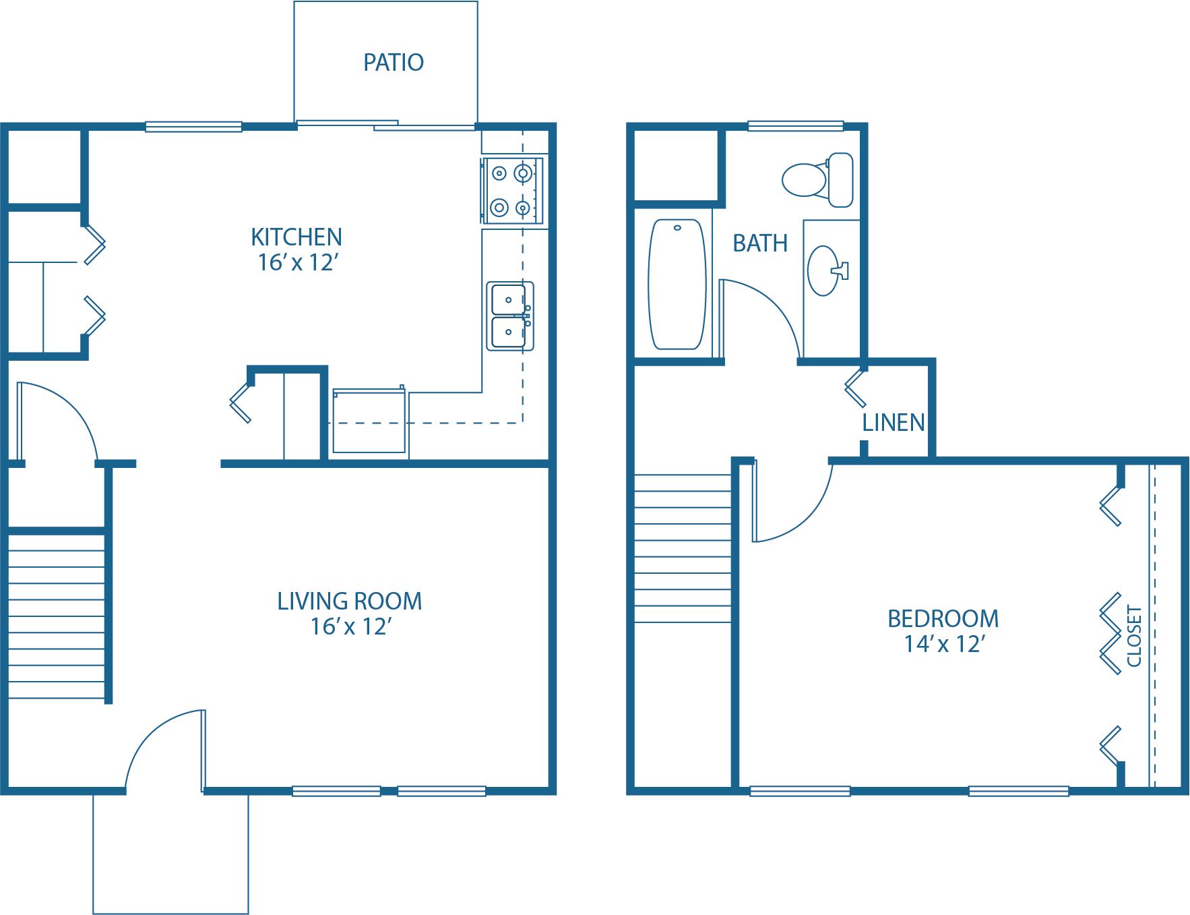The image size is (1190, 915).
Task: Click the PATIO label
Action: (394, 63)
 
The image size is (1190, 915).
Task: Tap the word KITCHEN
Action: (296, 237)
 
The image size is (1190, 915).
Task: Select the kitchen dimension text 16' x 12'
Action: (297, 263)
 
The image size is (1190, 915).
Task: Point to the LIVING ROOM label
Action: (350, 601)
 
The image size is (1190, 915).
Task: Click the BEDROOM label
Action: (943, 619)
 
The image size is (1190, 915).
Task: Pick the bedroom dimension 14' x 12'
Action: (944, 645)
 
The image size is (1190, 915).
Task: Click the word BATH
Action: (760, 243)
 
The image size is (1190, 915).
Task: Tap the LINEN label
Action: (894, 423)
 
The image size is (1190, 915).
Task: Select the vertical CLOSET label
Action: (1134, 636)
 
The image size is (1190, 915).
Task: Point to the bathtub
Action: (677, 284)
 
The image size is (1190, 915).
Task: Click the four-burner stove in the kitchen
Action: (511, 191)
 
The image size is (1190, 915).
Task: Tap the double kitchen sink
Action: (510, 316)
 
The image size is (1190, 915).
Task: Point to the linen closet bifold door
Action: (855, 388)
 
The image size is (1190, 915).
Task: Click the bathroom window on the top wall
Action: (795, 126)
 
